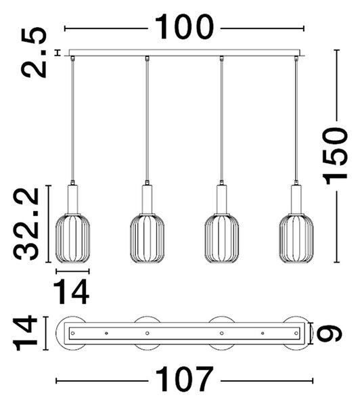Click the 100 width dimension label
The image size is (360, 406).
tap(184, 27)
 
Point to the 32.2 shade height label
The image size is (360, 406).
tap(26, 224)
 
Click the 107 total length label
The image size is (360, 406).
tap(184, 380)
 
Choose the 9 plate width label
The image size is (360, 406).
tap(330, 333)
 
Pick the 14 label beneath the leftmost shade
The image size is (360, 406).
tap(72, 292)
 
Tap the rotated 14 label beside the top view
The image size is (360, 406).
tap(26, 333)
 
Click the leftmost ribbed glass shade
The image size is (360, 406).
tap(72, 238)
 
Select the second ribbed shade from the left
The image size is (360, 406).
tap(147, 238)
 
